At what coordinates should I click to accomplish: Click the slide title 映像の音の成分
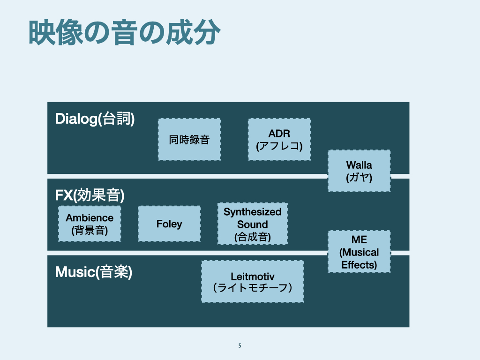(124, 33)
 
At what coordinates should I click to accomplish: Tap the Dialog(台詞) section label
(95, 119)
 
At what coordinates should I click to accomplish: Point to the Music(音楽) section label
(93, 272)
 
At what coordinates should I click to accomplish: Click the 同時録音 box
(189, 139)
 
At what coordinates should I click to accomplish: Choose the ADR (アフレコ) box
(279, 139)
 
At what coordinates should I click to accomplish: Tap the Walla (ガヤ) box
(359, 171)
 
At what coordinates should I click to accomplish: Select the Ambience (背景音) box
(90, 224)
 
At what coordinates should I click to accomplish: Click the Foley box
(169, 224)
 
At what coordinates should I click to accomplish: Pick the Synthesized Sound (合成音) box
(252, 224)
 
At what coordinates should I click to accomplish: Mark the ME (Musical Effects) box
(359, 251)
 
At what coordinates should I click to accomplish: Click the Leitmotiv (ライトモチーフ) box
(252, 281)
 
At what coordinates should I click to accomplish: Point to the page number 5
(240, 346)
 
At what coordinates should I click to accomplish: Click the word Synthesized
(252, 212)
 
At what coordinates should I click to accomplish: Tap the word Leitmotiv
(252, 276)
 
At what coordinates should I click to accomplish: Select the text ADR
(279, 134)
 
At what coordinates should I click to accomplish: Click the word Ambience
(90, 218)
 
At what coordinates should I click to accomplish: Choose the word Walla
(359, 165)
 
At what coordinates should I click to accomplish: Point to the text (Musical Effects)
(359, 258)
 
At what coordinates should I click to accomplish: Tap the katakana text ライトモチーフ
(252, 287)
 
